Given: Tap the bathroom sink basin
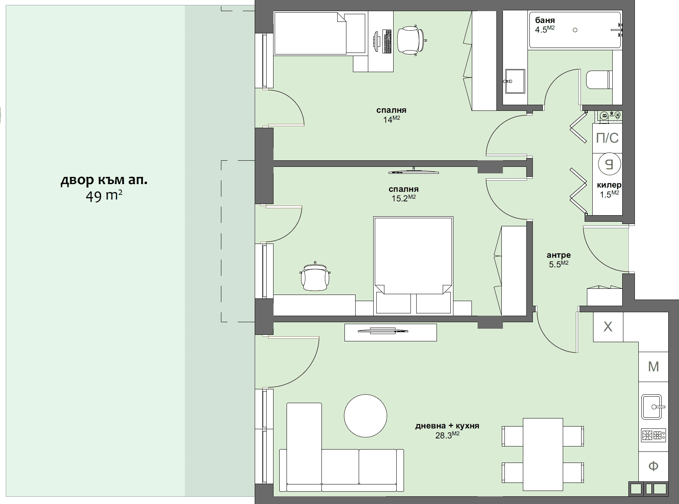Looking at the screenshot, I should click(x=515, y=81).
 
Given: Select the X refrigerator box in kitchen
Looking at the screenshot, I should click(x=608, y=327).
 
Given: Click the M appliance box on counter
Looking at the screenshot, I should click(x=653, y=367).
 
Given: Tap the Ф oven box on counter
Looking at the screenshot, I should click(x=653, y=466).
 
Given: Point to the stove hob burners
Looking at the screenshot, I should click(x=653, y=435).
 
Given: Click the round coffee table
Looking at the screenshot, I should click(x=365, y=415).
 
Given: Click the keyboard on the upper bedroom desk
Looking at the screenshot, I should click(x=387, y=41).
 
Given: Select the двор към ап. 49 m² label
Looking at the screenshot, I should click(x=104, y=188).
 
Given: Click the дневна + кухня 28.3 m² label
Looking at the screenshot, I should click(x=447, y=430).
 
